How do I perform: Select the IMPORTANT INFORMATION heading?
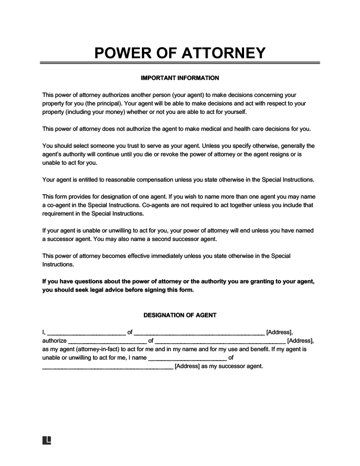(x=180, y=78)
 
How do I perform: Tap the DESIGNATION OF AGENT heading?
(x=180, y=315)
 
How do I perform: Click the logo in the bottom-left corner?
(x=46, y=441)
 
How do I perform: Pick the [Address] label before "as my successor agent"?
(x=187, y=366)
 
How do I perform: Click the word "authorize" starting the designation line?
(x=54, y=340)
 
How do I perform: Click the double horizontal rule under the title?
(x=180, y=64)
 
